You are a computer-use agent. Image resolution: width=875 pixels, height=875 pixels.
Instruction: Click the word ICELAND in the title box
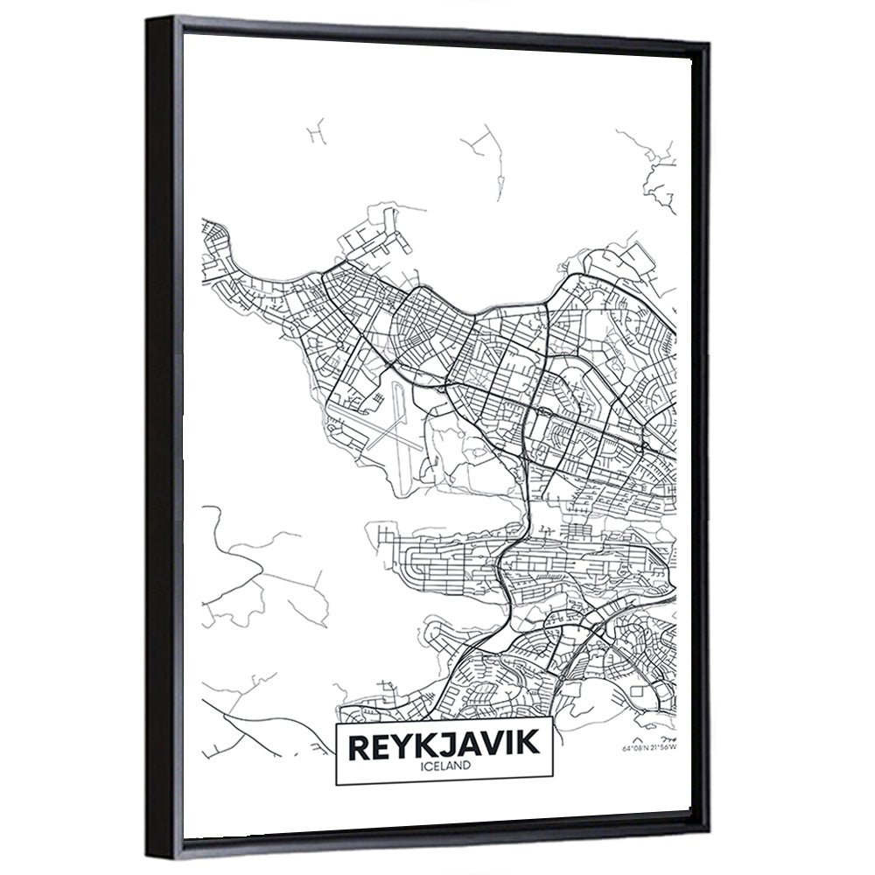point(445,765)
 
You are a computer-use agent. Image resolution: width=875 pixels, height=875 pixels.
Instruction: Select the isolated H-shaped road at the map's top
point(316,129)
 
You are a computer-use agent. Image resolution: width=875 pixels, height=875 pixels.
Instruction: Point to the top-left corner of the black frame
point(150,19)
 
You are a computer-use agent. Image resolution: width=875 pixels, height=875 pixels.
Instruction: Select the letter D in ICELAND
point(469,765)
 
